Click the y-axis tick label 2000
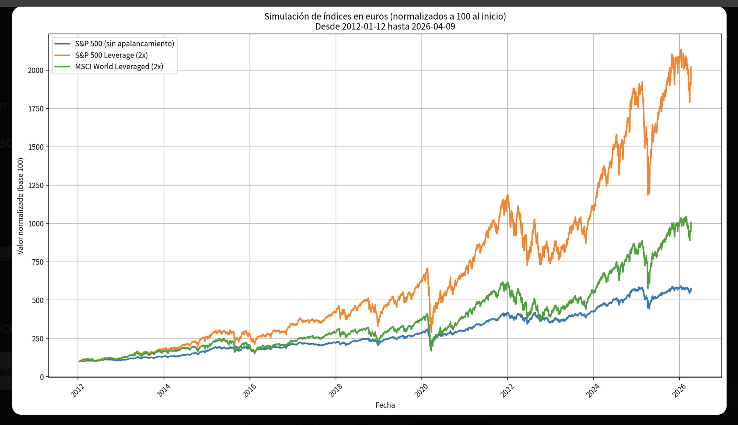pyautogui.click(x=35, y=70)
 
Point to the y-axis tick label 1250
pyautogui.click(x=35, y=185)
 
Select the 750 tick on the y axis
pyautogui.click(x=38, y=262)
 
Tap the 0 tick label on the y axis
pyautogui.click(x=42, y=377)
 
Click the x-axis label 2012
pyautogui.click(x=78, y=390)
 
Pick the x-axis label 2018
pyautogui.click(x=335, y=390)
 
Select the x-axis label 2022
pyautogui.click(x=507, y=390)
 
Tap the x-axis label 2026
pyautogui.click(x=679, y=390)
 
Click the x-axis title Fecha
pyautogui.click(x=385, y=405)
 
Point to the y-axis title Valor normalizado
pyautogui.click(x=20, y=206)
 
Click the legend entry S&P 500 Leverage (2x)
pyautogui.click(x=111, y=55)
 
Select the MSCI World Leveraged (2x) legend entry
pyautogui.click(x=119, y=67)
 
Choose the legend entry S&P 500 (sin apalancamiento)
pyautogui.click(x=124, y=44)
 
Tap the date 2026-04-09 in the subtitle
pyautogui.click(x=433, y=27)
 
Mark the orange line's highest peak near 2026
pyautogui.click(x=680, y=49)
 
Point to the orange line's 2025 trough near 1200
pyautogui.click(x=648, y=194)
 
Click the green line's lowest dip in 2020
pyautogui.click(x=431, y=350)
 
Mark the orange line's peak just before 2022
pyautogui.click(x=508, y=195)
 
